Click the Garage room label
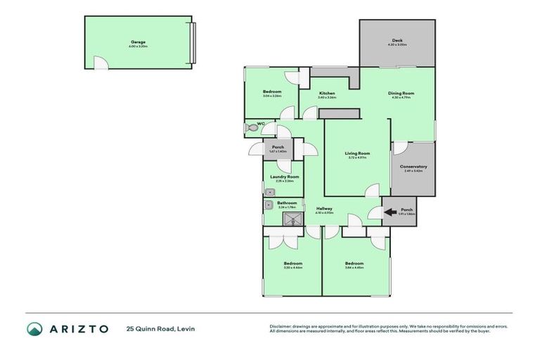[138, 41]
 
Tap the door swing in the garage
[102, 64]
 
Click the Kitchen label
[327, 93]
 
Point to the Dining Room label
[401, 93]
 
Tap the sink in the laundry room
[269, 191]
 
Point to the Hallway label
[324, 208]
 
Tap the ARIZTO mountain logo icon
[35, 328]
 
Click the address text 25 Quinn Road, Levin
[160, 328]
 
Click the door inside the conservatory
[400, 148]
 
